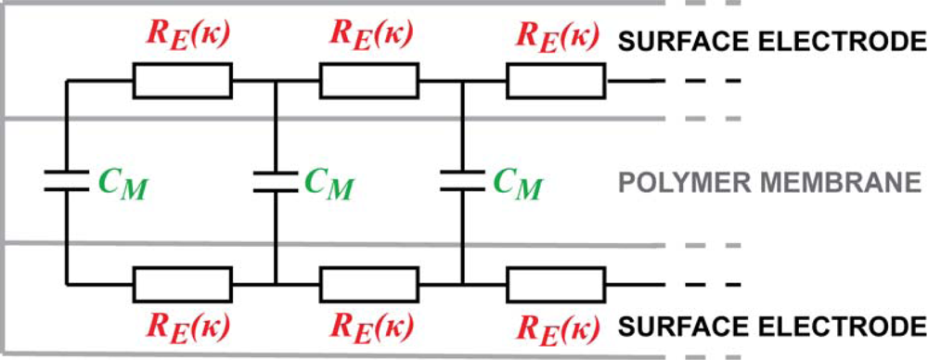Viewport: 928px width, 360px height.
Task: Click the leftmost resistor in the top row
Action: coord(183,81)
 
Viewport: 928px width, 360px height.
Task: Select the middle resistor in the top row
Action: coord(369,81)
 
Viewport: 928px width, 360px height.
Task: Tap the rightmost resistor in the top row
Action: coord(556,81)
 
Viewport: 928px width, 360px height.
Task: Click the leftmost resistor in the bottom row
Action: coord(183,284)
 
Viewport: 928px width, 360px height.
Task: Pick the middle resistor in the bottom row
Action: coord(369,284)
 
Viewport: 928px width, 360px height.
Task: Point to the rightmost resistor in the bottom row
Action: coord(556,284)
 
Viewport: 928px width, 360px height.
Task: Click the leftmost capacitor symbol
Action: coord(67,182)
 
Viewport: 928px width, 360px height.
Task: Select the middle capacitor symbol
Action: coord(276,182)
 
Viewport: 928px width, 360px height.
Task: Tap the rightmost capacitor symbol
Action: coord(462,182)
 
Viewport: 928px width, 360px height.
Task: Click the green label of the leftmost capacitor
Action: coord(120,184)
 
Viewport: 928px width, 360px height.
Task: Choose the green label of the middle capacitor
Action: coord(329,184)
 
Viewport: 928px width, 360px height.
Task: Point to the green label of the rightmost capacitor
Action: coord(516,184)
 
